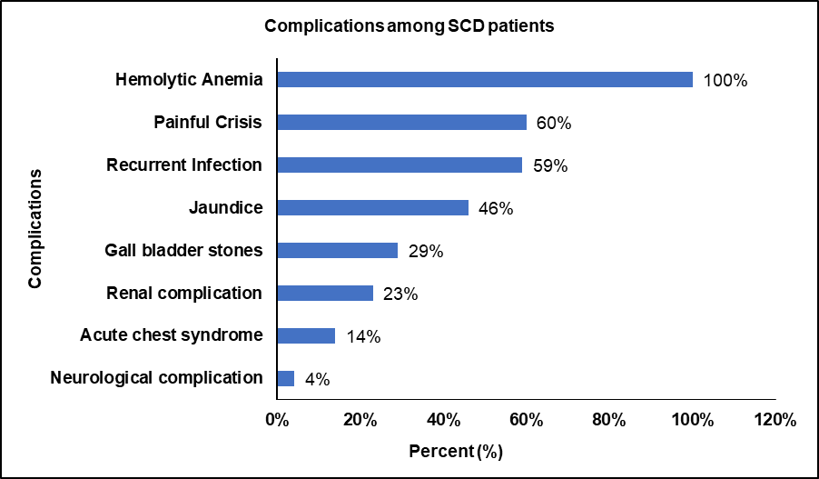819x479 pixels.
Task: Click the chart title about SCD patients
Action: (x=409, y=26)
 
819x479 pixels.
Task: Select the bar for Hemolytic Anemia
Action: (x=484, y=80)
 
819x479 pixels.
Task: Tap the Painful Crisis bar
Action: (x=401, y=123)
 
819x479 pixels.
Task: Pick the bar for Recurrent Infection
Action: (x=399, y=165)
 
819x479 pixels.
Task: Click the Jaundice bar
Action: (x=372, y=208)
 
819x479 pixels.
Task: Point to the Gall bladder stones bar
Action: (x=337, y=251)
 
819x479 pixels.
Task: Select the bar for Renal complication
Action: (x=324, y=294)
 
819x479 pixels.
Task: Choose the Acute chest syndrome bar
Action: (x=305, y=336)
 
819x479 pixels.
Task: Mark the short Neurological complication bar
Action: (x=285, y=378)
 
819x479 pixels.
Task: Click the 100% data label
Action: (x=725, y=81)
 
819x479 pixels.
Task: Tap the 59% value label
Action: (x=550, y=166)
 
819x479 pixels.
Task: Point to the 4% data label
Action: (x=317, y=380)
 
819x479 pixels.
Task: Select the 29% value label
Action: (x=426, y=252)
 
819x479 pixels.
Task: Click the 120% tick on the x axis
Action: (x=775, y=420)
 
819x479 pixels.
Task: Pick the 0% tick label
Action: (x=276, y=420)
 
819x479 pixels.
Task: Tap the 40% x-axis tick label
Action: (x=442, y=420)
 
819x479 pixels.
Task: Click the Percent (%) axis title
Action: (x=455, y=451)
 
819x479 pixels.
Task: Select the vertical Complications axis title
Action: (x=35, y=227)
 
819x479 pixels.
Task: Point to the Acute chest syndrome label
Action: (x=172, y=335)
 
